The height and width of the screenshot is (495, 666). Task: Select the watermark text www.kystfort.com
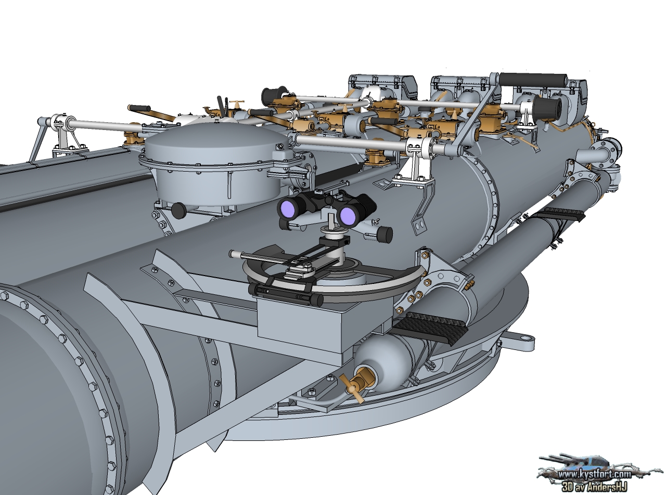pos(595,475)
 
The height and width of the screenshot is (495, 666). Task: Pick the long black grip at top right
pos(533,79)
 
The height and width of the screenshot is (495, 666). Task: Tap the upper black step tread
pos(559,214)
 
